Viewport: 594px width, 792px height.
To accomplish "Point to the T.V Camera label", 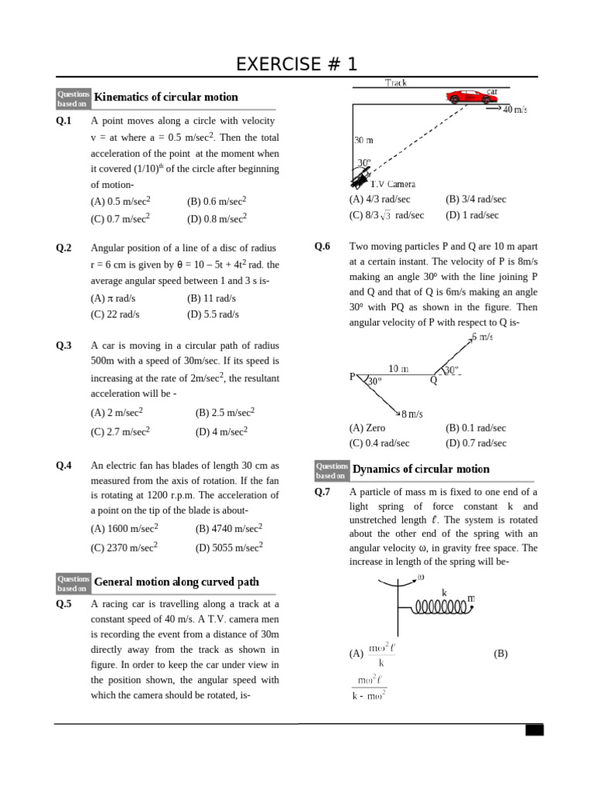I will coord(392,184).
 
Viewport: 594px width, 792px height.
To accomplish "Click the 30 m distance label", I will coord(364,141).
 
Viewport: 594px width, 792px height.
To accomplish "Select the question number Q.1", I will coord(63,121).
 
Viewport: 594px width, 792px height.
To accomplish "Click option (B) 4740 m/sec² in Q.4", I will coord(229,528).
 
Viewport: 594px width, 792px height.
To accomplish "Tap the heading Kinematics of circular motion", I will coord(166,97).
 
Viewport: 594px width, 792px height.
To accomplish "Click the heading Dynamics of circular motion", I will coord(421,469).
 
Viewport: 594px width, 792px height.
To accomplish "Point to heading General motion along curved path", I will coord(176,582).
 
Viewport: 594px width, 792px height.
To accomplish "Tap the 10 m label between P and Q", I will coord(398,369).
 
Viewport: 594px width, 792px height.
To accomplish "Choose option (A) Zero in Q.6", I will coord(367,428).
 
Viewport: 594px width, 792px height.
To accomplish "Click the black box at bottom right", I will coord(534,730).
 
